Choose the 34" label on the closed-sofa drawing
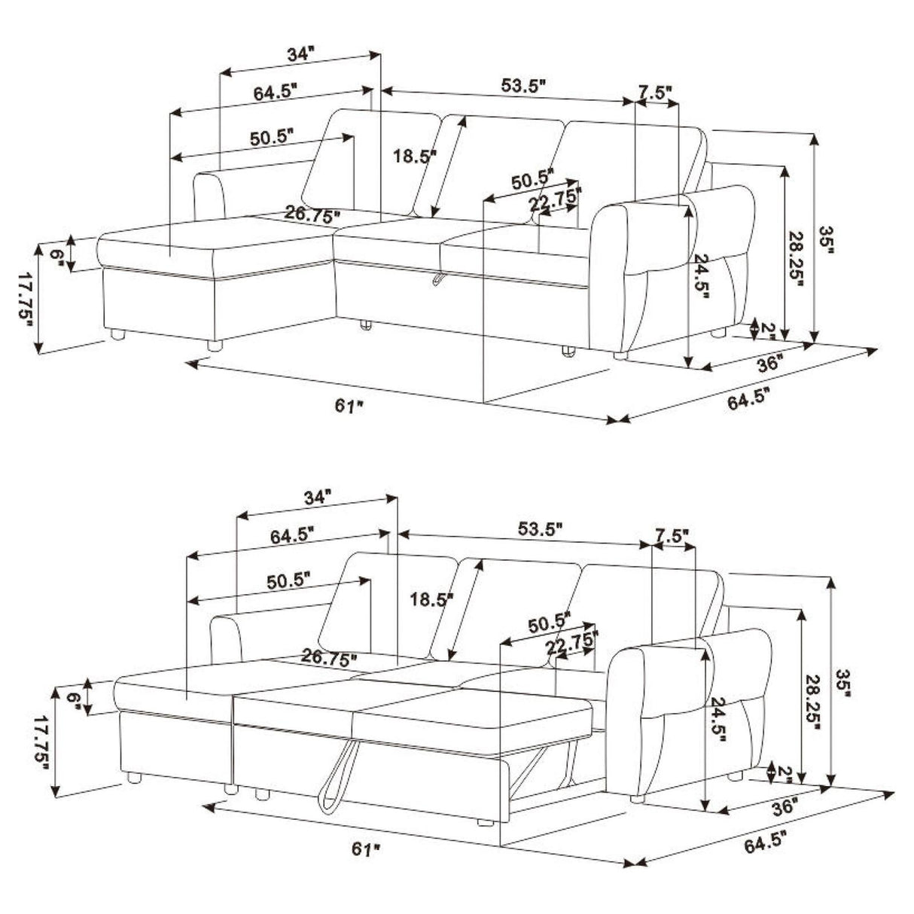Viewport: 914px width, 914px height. [x=299, y=54]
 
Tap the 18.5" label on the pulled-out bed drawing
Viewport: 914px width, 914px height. [x=431, y=599]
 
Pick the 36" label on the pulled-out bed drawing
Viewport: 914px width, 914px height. [x=784, y=807]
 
